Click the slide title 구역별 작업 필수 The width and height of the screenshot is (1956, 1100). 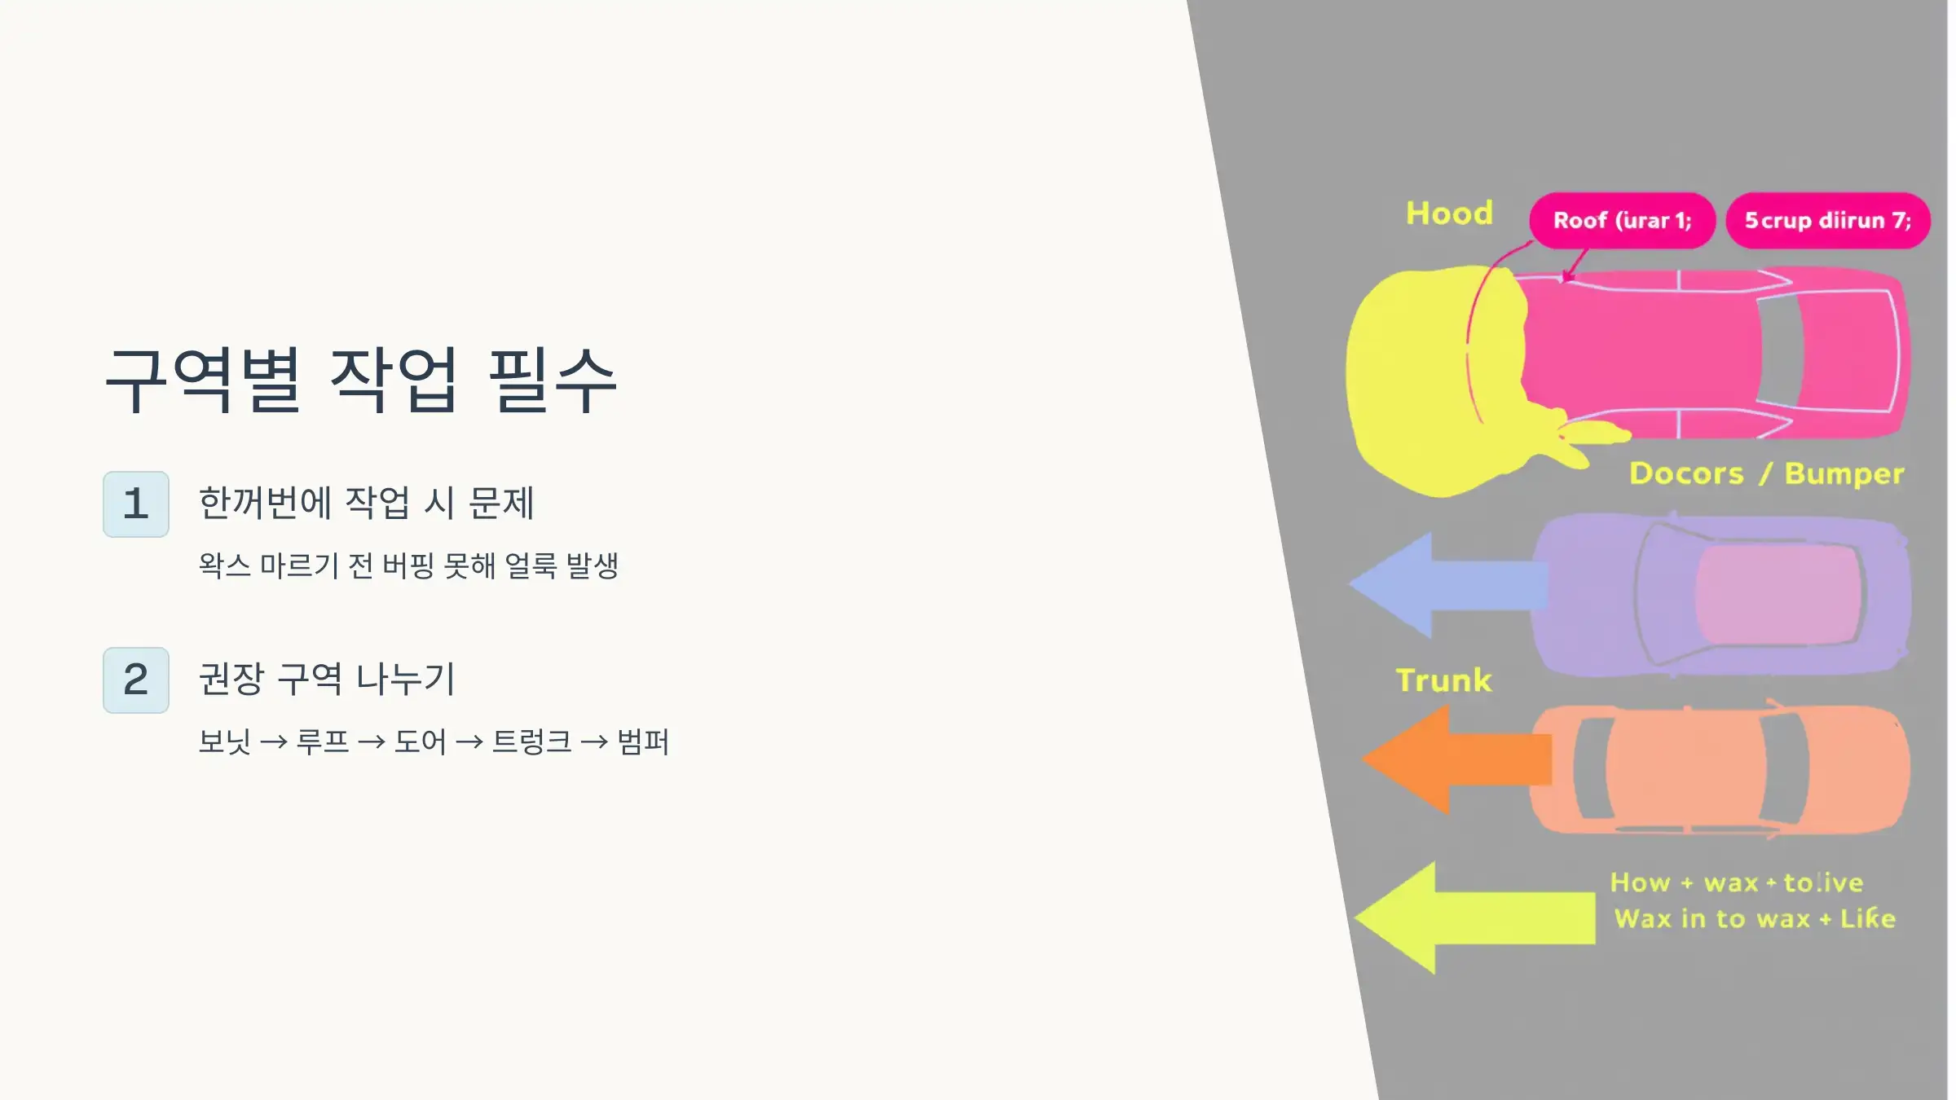click(361, 380)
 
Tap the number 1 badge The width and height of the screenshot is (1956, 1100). click(136, 504)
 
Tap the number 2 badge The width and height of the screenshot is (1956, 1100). click(136, 680)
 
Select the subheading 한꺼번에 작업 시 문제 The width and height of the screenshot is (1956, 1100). click(366, 503)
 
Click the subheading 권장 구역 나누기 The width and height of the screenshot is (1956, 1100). click(327, 679)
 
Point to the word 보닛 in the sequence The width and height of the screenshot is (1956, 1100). click(224, 742)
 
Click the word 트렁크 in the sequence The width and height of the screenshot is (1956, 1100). click(531, 742)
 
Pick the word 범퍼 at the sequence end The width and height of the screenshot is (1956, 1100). click(643, 742)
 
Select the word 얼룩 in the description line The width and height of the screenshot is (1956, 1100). click(531, 565)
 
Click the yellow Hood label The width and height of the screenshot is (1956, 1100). click(1449, 213)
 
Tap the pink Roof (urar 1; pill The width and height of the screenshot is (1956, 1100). click(1622, 221)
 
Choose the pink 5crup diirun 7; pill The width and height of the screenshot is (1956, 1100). click(1827, 221)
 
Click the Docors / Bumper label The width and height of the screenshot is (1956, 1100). click(1766, 473)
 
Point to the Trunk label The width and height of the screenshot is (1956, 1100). click(1443, 680)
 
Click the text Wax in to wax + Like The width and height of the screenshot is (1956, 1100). click(1755, 919)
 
